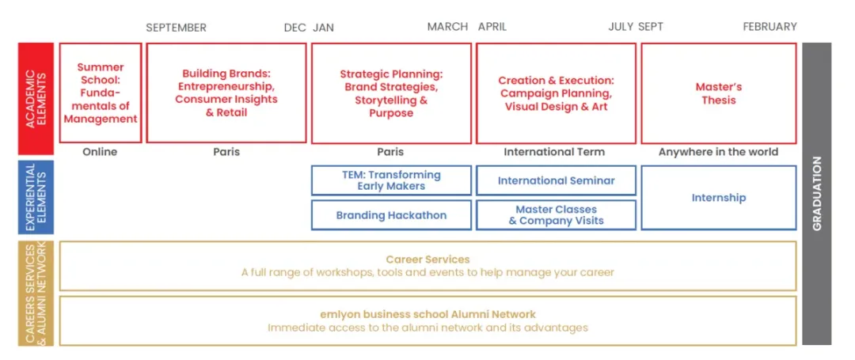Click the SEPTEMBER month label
point(176,27)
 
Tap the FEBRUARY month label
point(770,27)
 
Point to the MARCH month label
point(447,27)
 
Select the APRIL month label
point(492,27)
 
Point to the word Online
point(100,152)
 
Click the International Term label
point(554,152)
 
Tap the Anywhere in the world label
point(718,152)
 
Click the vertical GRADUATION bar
point(817,194)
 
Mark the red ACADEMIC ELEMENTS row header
point(36,99)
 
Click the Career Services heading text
point(427,260)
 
